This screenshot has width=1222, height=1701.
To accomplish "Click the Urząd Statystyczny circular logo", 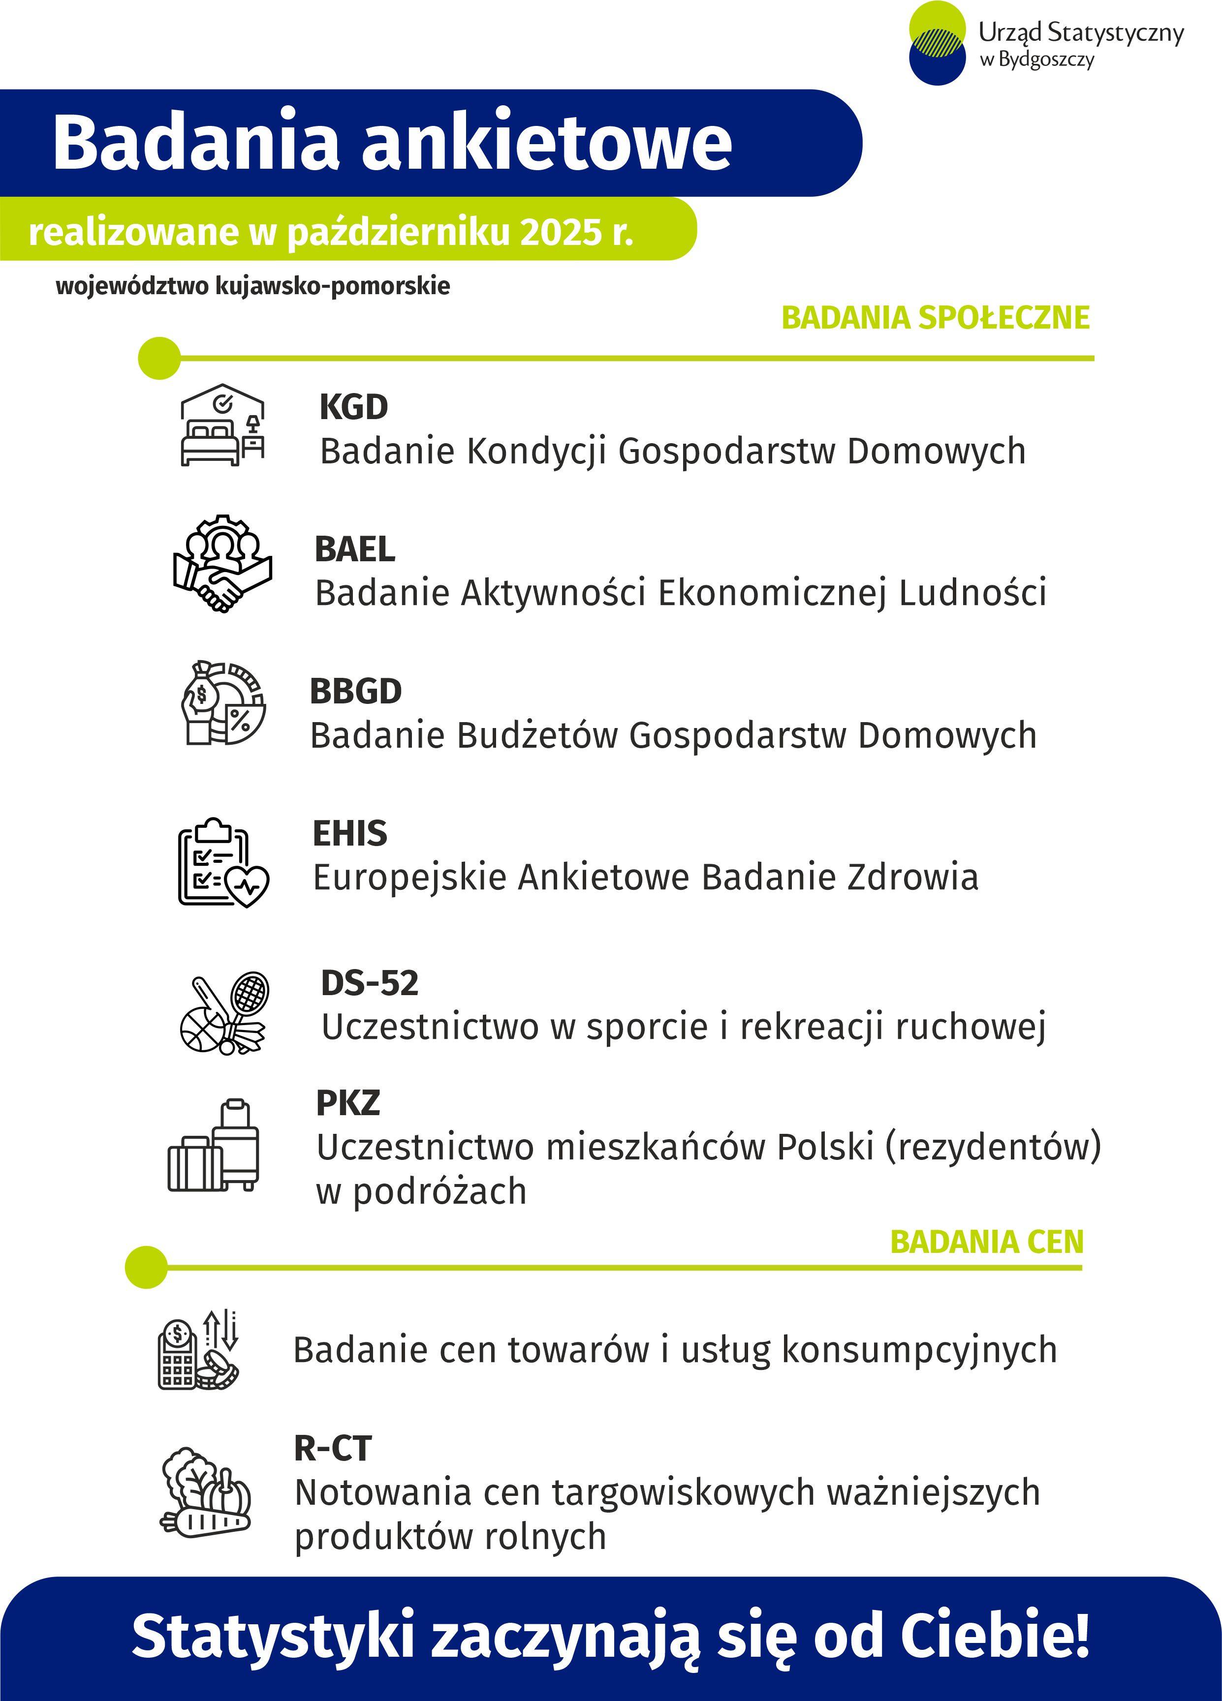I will point(937,43).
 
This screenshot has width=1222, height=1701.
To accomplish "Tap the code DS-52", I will point(369,983).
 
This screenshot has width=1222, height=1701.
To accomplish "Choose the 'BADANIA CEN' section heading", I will point(986,1243).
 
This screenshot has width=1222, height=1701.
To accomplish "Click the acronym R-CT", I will point(332,1448).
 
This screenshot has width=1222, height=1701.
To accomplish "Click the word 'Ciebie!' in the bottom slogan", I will point(995,1636).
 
